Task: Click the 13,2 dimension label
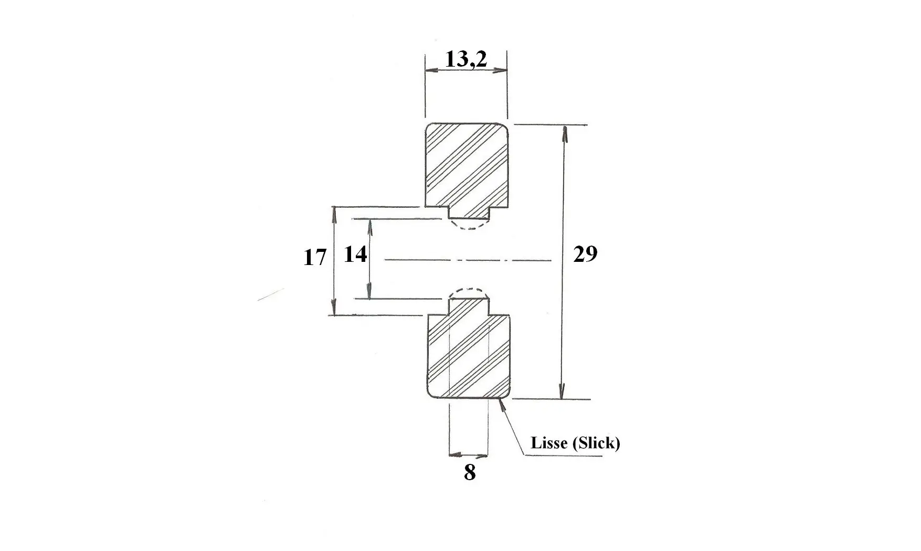click(466, 59)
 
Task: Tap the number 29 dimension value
click(585, 254)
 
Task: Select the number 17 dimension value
click(315, 258)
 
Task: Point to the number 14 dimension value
click(355, 255)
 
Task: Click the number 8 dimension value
click(470, 472)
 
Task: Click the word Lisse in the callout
click(549, 443)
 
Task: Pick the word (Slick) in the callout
click(597, 443)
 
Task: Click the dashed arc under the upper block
click(469, 227)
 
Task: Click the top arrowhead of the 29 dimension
click(565, 134)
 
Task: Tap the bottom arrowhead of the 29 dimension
click(562, 391)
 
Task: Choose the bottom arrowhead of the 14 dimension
click(369, 291)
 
